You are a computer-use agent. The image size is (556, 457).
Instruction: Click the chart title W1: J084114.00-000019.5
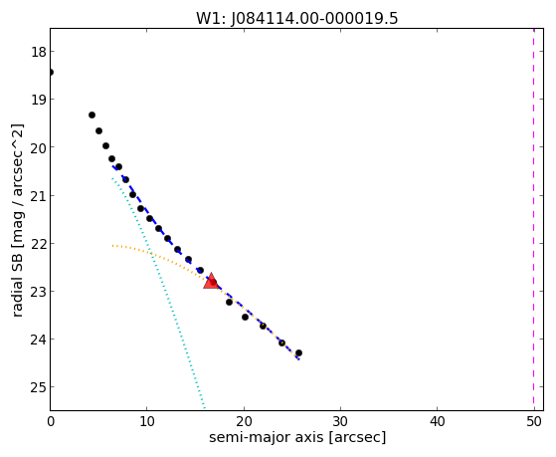click(297, 18)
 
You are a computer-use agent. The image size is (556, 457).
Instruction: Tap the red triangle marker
click(211, 281)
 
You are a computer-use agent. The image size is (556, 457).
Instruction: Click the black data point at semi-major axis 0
click(51, 73)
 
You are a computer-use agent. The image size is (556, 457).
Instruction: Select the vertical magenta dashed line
click(533, 219)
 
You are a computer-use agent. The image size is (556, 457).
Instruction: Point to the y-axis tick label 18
click(39, 52)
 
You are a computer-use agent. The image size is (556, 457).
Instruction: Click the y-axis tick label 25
click(39, 387)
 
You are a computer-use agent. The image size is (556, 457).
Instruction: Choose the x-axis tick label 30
click(340, 422)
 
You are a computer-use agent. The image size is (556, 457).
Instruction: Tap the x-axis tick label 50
click(534, 422)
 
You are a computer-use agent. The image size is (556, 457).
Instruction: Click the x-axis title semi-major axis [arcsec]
click(297, 437)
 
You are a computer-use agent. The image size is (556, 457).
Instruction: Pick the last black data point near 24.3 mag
click(299, 353)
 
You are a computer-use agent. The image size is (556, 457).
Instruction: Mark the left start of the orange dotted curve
click(112, 245)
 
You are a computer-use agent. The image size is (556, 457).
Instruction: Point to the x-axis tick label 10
click(147, 422)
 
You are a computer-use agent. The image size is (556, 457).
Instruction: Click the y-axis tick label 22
click(39, 244)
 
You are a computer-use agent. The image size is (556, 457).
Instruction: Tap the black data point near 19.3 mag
click(92, 115)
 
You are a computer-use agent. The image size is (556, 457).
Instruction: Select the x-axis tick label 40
click(437, 422)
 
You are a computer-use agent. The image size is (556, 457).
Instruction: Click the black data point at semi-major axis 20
click(245, 317)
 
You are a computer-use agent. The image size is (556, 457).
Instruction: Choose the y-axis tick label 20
click(39, 147)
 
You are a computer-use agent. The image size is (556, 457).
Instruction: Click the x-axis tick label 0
click(51, 422)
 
